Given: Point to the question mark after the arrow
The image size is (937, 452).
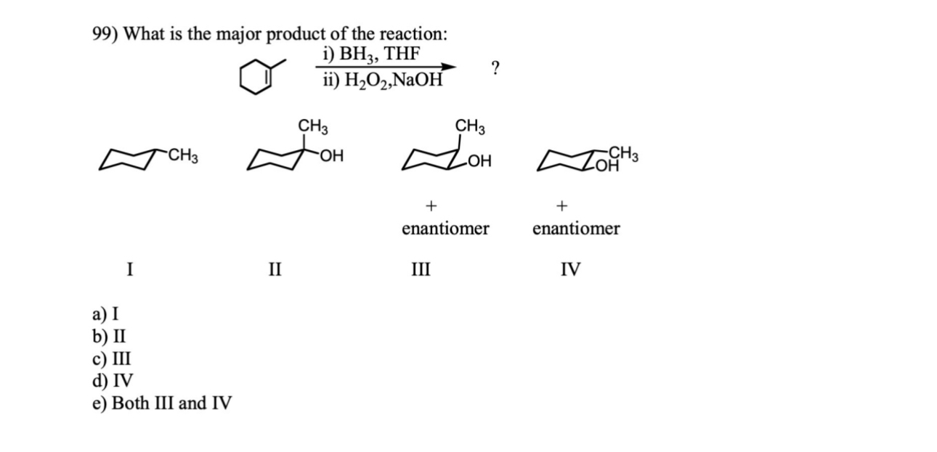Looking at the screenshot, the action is point(495,69).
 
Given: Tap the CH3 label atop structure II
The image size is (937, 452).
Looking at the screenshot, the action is point(313,126).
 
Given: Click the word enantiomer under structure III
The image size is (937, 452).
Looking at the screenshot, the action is point(445,229).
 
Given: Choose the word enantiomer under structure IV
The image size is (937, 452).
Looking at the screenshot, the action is point(576,229).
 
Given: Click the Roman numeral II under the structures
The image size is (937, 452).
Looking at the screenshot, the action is point(275,271).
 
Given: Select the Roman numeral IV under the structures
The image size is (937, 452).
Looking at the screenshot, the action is point(571,271).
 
